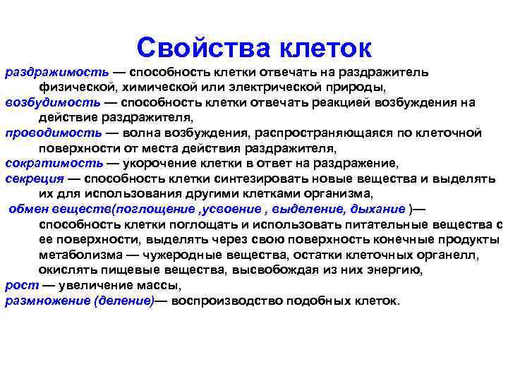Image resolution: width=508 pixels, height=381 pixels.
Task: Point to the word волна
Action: click(x=143, y=132)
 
